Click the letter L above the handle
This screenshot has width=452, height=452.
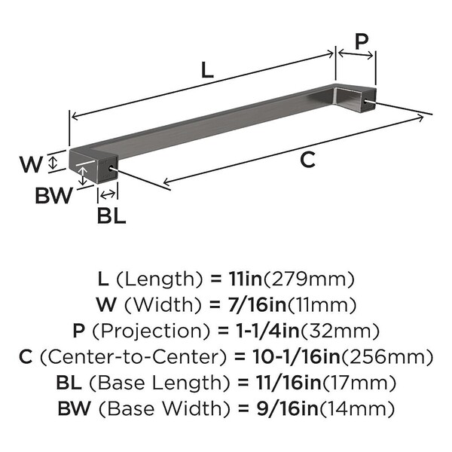(207, 70)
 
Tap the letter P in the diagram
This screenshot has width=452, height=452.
(361, 41)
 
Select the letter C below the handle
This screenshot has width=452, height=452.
(307, 160)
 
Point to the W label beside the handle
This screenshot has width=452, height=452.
(31, 164)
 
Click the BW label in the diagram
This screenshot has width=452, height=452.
(54, 195)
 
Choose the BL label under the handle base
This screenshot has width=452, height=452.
(111, 215)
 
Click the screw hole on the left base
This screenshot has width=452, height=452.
(111, 168)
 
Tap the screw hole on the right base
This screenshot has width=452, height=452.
(366, 102)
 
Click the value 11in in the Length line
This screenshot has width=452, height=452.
(246, 279)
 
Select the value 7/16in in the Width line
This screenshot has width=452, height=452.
(257, 305)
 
